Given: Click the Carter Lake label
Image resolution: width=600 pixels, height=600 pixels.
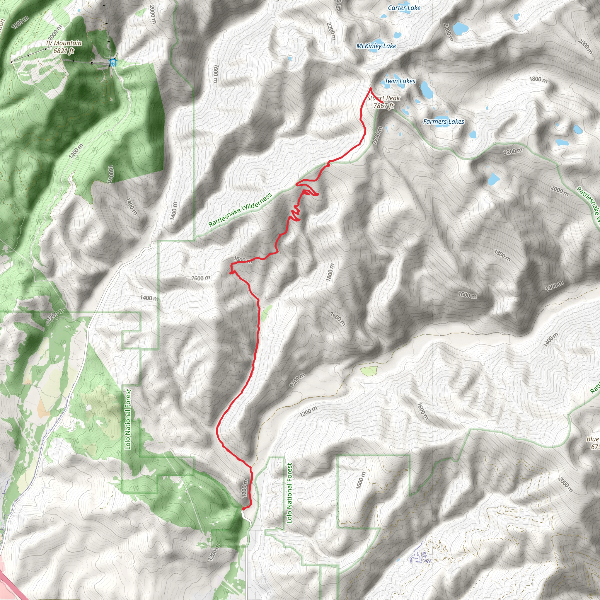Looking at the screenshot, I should click(x=404, y=8).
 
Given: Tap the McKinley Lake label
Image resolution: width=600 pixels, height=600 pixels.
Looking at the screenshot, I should click(x=376, y=46).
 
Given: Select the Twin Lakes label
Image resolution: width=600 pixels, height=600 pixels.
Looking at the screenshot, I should click(x=400, y=81).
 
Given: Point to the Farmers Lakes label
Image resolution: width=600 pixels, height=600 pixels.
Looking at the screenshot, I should click(x=444, y=122).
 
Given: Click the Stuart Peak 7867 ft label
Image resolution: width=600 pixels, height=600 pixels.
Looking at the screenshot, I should click(x=383, y=102).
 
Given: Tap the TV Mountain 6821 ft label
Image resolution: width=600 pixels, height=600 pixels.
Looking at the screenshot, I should click(x=64, y=47).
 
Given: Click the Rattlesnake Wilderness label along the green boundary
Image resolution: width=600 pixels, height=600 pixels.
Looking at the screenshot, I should click(x=240, y=210).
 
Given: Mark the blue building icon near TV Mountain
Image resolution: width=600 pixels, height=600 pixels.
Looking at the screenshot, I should click(x=113, y=62).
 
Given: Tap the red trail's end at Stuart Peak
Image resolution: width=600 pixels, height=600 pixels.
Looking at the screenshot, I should click(x=382, y=102).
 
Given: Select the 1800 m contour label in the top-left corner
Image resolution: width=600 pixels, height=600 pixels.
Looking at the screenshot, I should click(x=20, y=23).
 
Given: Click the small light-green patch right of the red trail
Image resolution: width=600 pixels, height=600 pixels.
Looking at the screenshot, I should click(x=266, y=313).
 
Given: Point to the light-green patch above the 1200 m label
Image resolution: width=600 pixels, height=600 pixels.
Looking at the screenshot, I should click(x=369, y=371).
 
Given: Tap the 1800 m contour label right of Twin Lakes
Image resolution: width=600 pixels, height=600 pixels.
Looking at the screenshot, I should click(x=538, y=79).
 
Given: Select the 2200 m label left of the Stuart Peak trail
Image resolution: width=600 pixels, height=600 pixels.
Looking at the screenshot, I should click(x=331, y=31).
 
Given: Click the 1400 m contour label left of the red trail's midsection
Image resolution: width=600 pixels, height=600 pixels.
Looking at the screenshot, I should click(x=149, y=298).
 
